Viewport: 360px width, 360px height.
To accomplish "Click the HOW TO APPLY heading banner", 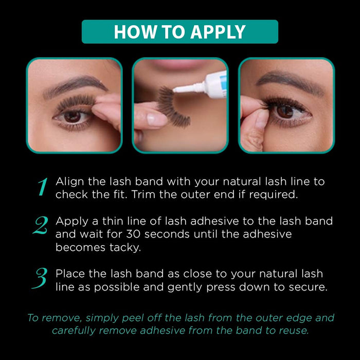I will point(179,32).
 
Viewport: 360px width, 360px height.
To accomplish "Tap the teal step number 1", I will point(43,188).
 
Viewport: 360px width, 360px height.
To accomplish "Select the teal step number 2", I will point(41,226).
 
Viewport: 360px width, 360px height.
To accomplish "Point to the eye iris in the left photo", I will point(72,116).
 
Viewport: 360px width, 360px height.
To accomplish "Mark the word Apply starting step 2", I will point(69,221).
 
